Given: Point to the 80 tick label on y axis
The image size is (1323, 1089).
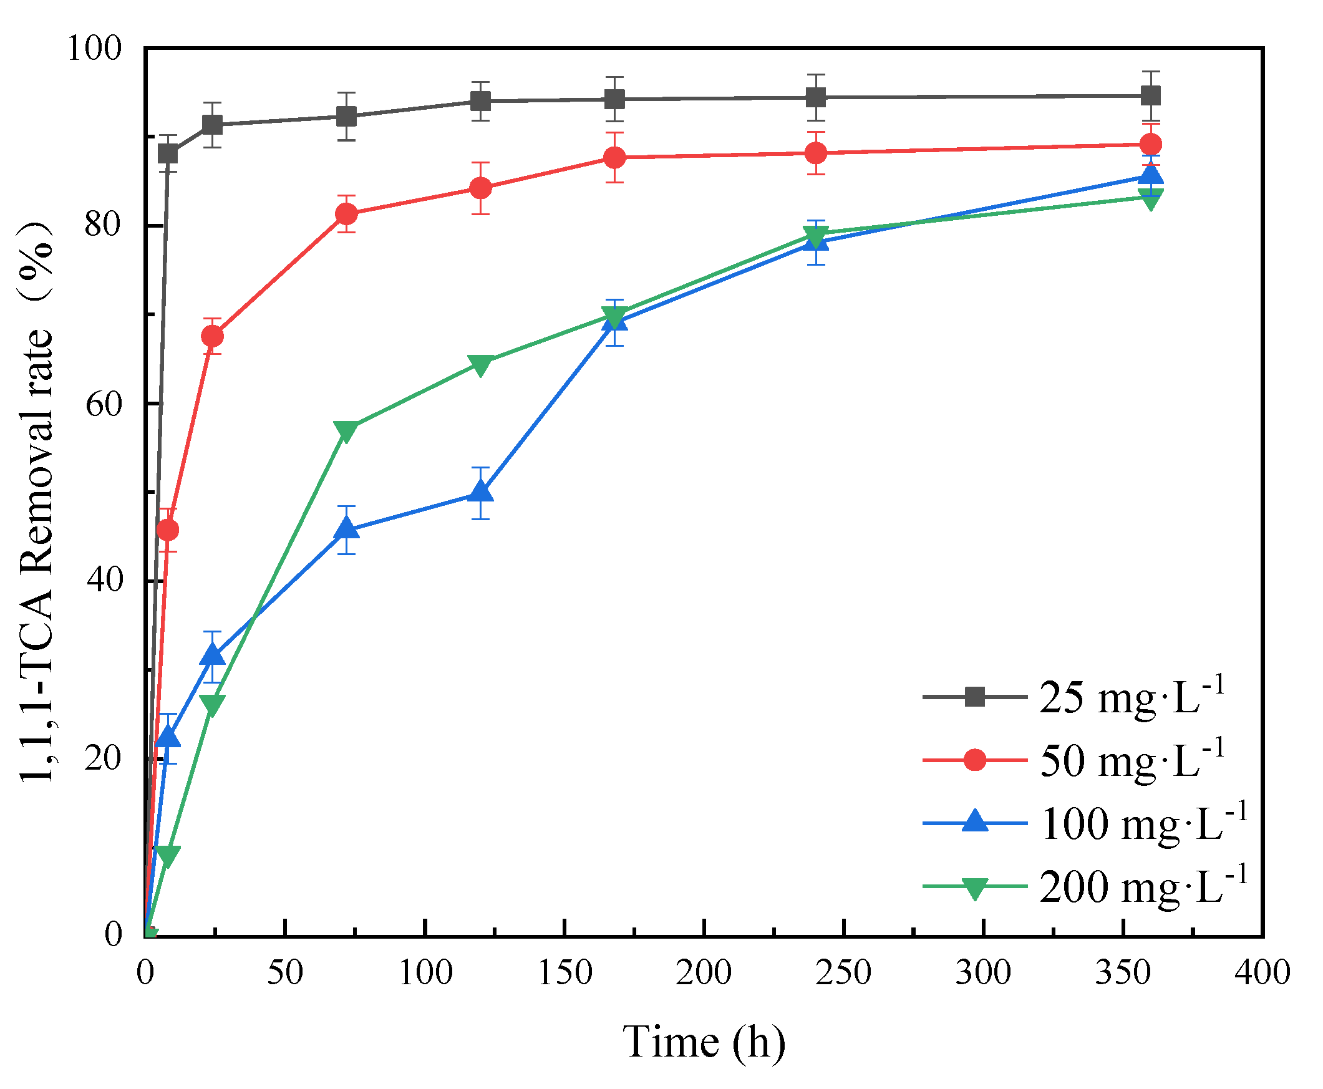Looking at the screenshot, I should point(103,224).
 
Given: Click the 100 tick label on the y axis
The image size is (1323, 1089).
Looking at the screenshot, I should point(94,47).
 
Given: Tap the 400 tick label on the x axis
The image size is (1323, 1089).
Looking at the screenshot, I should point(1261,973).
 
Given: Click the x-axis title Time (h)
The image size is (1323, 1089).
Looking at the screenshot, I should point(703,1042).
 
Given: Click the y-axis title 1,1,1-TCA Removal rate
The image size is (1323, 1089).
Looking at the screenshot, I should point(36,502).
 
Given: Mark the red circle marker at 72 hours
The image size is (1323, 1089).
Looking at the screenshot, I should point(346,215).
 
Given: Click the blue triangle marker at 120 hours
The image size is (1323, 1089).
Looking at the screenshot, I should point(480,491).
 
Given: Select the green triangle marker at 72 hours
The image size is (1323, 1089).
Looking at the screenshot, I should point(346,431).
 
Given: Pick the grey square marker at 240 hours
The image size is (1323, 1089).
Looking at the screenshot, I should point(815,97).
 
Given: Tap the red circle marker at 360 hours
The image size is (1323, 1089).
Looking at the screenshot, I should point(1150,144).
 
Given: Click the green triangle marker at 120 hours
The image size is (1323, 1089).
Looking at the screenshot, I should point(480,364).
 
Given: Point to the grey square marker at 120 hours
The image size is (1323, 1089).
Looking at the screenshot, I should point(480,101).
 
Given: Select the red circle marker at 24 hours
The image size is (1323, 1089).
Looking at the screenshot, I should point(212,337).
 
